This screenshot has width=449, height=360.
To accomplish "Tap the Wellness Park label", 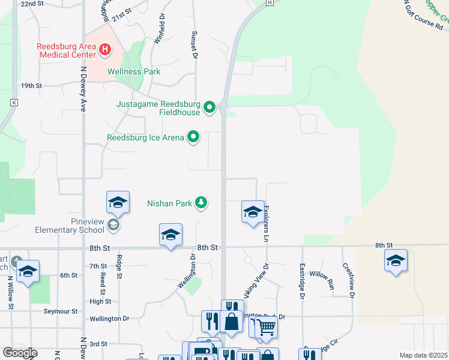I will coord(134,71).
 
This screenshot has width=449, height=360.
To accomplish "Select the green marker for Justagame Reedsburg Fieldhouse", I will coord(209,107).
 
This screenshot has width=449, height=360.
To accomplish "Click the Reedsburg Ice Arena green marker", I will coord(193,137).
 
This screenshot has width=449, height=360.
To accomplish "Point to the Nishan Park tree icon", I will coord(201,203).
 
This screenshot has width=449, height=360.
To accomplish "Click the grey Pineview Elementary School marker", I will coord(112,225).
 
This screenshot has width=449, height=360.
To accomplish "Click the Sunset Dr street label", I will coord(194,45).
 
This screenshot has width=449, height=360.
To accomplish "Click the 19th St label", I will coord(31,86).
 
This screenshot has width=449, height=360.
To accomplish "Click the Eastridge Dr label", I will coord(302,280).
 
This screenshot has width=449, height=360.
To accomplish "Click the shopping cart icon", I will coord(266,327).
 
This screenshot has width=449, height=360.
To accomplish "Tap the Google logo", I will coord(19,353).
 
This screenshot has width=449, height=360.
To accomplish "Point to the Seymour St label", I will coord(61,311).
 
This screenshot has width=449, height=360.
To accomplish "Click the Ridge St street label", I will coord(120,267).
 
